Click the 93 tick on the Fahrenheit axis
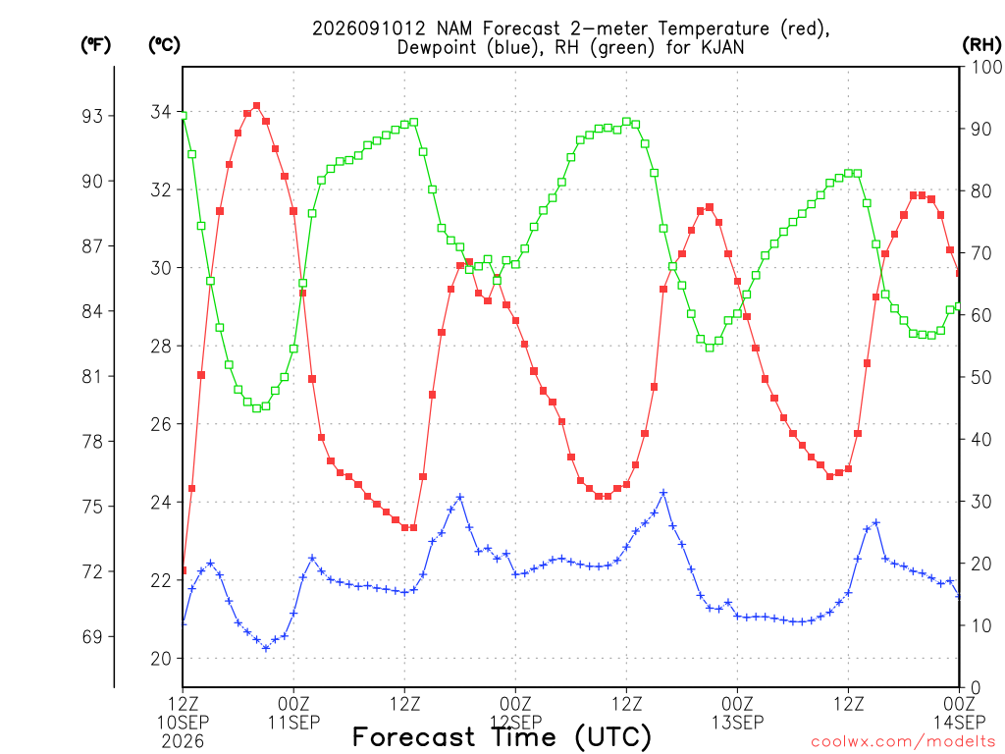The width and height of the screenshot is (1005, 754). tap(91, 116)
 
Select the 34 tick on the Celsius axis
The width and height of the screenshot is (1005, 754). tap(161, 112)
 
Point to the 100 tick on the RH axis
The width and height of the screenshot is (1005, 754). tap(986, 67)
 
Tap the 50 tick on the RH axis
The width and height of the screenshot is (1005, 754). tap(981, 377)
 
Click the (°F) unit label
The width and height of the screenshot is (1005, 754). tap(95, 45)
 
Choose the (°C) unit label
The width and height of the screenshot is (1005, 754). tap(164, 45)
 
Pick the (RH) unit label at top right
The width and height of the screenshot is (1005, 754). tap(981, 45)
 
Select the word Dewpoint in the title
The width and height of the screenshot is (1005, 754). tap(439, 48)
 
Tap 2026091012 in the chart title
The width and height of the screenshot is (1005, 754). tap(369, 28)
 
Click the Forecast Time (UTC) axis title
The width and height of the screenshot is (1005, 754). tap(502, 737)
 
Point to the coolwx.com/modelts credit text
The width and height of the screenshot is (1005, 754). tap(904, 742)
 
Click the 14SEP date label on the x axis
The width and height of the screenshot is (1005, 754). tap(959, 723)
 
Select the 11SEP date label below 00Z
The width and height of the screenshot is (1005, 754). tap(293, 723)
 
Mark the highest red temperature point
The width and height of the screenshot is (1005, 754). tap(256, 106)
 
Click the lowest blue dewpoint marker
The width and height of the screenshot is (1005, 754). tap(266, 648)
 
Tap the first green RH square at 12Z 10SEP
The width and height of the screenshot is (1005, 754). tap(183, 116)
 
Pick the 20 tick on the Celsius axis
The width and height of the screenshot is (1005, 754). tap(161, 659)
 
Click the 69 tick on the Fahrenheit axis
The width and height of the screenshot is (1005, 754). tap(91, 637)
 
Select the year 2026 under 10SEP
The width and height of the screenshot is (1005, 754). tap(183, 742)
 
